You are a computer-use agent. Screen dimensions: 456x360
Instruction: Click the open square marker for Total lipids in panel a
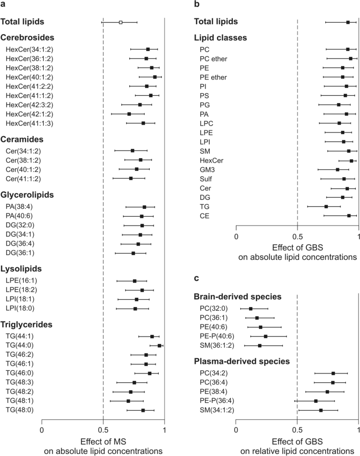click(121, 23)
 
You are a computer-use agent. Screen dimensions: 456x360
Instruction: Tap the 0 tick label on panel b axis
click(236, 235)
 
